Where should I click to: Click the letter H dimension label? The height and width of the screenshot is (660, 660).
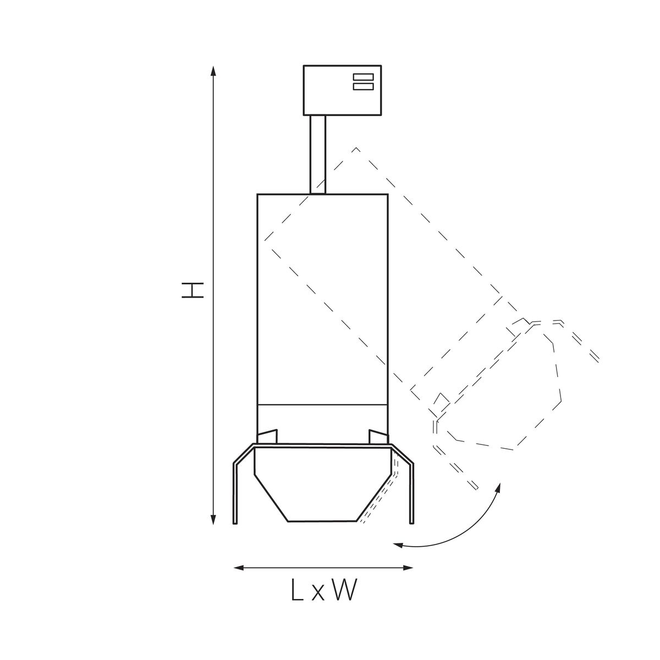[x=193, y=290]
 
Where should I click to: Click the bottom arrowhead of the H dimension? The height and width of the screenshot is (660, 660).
[x=213, y=519]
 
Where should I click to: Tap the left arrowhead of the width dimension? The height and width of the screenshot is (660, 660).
[x=239, y=568]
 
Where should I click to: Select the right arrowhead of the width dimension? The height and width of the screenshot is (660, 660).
[x=408, y=568]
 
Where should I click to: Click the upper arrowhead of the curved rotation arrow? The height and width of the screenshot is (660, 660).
[x=498, y=488]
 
